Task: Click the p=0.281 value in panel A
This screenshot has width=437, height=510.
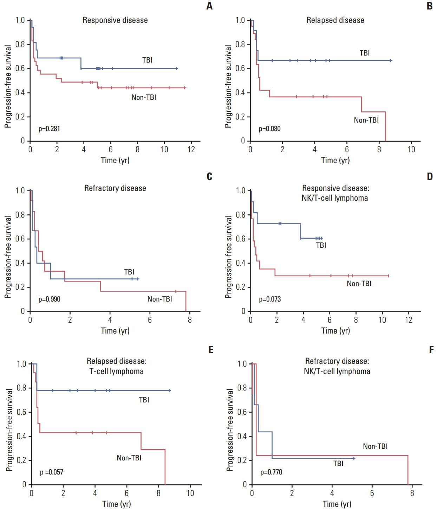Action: pyautogui.click(x=49, y=129)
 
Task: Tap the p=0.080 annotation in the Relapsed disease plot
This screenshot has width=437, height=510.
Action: pyautogui.click(x=269, y=129)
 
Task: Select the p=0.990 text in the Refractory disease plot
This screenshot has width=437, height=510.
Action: pyautogui.click(x=49, y=299)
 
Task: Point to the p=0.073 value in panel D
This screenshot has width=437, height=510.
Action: pyautogui.click(x=270, y=299)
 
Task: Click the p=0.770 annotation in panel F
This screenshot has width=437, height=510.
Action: pyautogui.click(x=271, y=472)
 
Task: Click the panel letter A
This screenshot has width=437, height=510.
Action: pyautogui.click(x=209, y=6)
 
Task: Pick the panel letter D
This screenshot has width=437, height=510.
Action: pyautogui.click(x=430, y=176)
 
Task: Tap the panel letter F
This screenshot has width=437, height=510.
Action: pyautogui.click(x=431, y=349)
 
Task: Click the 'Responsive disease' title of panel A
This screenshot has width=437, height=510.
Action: pyautogui.click(x=115, y=20)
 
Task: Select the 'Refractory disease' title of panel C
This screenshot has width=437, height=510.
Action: pyautogui.click(x=115, y=188)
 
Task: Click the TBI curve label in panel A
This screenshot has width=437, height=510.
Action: pyautogui.click(x=147, y=60)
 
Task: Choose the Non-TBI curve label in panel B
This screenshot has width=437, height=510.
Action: pyautogui.click(x=366, y=120)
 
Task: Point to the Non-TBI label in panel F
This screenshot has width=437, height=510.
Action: pyautogui.click(x=375, y=446)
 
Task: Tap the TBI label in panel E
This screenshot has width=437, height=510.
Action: pyautogui.click(x=144, y=400)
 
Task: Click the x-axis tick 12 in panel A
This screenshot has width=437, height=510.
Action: pyautogui.click(x=191, y=149)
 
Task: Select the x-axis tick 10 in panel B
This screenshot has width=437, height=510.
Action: pyautogui.click(x=411, y=149)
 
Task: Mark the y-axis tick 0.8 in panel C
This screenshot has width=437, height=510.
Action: pyautogui.click(x=20, y=214)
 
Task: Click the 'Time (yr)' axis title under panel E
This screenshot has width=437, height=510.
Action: pyautogui.click(x=116, y=504)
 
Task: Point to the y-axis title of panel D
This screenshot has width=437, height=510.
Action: pyautogui.click(x=228, y=257)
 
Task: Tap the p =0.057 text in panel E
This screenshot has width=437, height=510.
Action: pyautogui.click(x=51, y=472)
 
